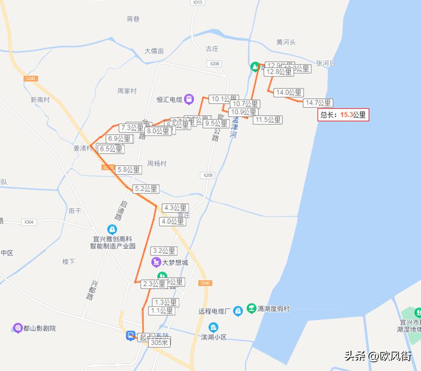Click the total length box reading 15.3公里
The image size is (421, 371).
click(343, 115)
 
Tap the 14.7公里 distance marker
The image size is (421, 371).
click(317, 103)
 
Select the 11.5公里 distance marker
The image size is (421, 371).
click(268, 120)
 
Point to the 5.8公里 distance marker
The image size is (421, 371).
click(128, 170)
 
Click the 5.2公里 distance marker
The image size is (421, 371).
click(146, 189)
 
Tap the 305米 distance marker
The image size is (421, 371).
click(160, 342)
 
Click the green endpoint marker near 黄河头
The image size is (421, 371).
click(255, 67)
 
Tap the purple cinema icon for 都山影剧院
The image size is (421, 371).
click(18, 328)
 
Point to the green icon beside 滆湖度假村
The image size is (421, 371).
click(251, 308)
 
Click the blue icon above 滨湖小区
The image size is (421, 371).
click(213, 327)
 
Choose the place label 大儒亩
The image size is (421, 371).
click(154, 51)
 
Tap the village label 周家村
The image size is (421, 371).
click(127, 91)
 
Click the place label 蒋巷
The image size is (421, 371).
click(133, 19)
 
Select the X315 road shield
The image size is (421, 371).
click(197, 2)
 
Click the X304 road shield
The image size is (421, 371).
click(29, 222)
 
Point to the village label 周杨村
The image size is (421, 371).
click(157, 163)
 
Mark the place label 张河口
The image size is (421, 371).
click(326, 63)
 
